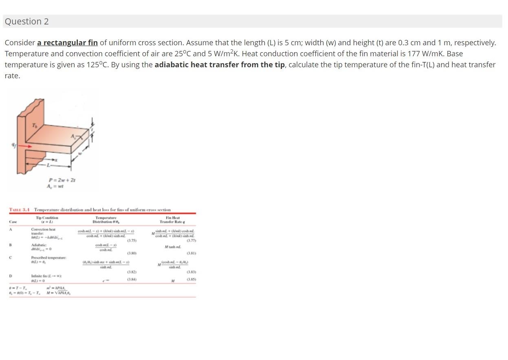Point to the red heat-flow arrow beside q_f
pyautogui.click(x=24, y=146)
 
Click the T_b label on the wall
pyautogui.click(x=35, y=125)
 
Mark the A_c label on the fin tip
pyautogui.click(x=74, y=137)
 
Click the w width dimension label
pyautogui.click(x=80, y=154)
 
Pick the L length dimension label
pyautogui.click(x=48, y=165)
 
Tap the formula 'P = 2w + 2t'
pyautogui.click(x=62, y=180)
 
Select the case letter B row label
pyautogui.click(x=11, y=245)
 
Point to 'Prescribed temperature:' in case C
pyautogui.click(x=48, y=258)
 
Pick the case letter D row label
pyautogui.click(x=11, y=276)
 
